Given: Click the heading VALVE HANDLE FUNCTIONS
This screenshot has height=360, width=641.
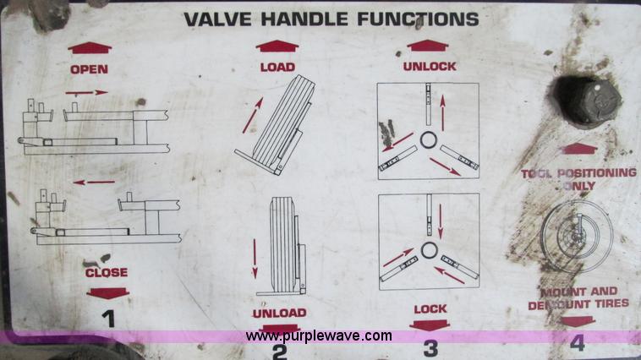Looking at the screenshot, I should coord(331,19).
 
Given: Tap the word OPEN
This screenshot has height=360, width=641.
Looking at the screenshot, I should coord(89,69).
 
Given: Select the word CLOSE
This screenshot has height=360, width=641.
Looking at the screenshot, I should coord(107,272).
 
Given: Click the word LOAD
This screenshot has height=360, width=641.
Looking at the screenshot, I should coord(277,68).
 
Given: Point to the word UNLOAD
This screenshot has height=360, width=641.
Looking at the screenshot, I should coord(279,313).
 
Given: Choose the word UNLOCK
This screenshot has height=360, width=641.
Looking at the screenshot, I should coord(430,66).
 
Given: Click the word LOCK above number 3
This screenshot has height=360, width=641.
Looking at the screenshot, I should coord(430,308).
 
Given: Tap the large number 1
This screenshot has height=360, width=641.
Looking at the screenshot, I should coord(107,319).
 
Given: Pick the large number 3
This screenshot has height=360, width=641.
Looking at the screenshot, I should coord(430,346).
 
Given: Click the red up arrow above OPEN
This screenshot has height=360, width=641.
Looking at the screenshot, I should coord(89,49).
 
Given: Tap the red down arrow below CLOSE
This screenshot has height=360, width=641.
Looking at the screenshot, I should coord(107,292).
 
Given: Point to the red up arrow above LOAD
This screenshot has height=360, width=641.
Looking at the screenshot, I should coord(277,47).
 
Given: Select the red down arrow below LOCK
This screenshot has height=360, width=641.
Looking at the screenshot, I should coord(430,325).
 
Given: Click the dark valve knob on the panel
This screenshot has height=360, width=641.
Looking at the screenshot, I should coord(586,101).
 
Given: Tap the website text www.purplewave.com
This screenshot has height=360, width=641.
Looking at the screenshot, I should coord(319,335).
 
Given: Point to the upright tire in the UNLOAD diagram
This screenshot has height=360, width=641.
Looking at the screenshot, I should coord(280,245).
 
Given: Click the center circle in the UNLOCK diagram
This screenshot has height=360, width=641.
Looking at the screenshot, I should coord(428,138).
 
